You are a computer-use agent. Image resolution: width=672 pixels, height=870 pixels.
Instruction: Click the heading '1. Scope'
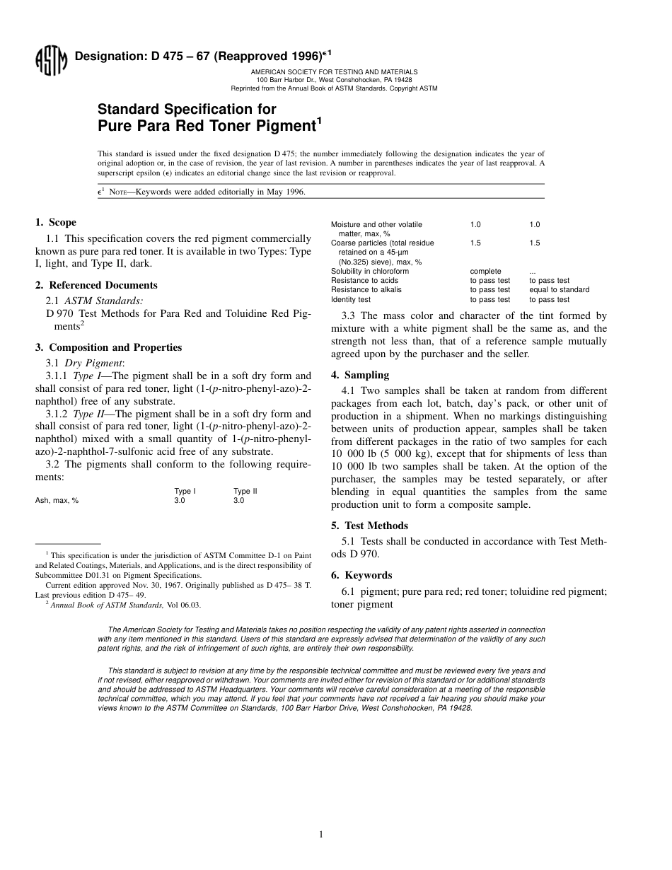56,222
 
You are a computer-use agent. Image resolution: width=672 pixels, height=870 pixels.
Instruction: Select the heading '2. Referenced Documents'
96,285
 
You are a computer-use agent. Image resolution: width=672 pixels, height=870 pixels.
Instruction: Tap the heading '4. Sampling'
360,375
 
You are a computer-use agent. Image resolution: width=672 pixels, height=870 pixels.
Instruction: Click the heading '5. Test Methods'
369,526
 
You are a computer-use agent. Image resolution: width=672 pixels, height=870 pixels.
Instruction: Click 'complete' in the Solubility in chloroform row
485,271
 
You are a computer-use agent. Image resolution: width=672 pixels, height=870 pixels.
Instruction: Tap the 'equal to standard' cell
559,289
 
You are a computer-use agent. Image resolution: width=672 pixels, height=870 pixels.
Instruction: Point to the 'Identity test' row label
351,299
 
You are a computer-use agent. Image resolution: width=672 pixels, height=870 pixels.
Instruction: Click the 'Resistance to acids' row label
364,280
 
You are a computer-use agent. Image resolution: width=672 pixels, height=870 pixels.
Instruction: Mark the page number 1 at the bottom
321,835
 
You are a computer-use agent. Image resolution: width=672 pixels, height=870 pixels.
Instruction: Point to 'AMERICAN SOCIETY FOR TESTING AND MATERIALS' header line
334,72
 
